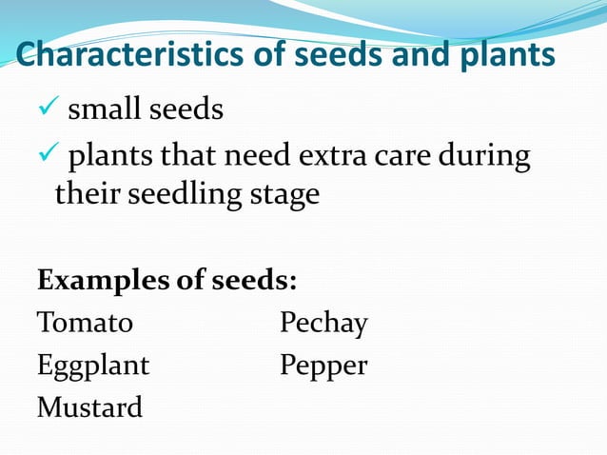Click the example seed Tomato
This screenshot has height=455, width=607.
[x=85, y=324]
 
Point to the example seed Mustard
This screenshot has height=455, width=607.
[x=89, y=408]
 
